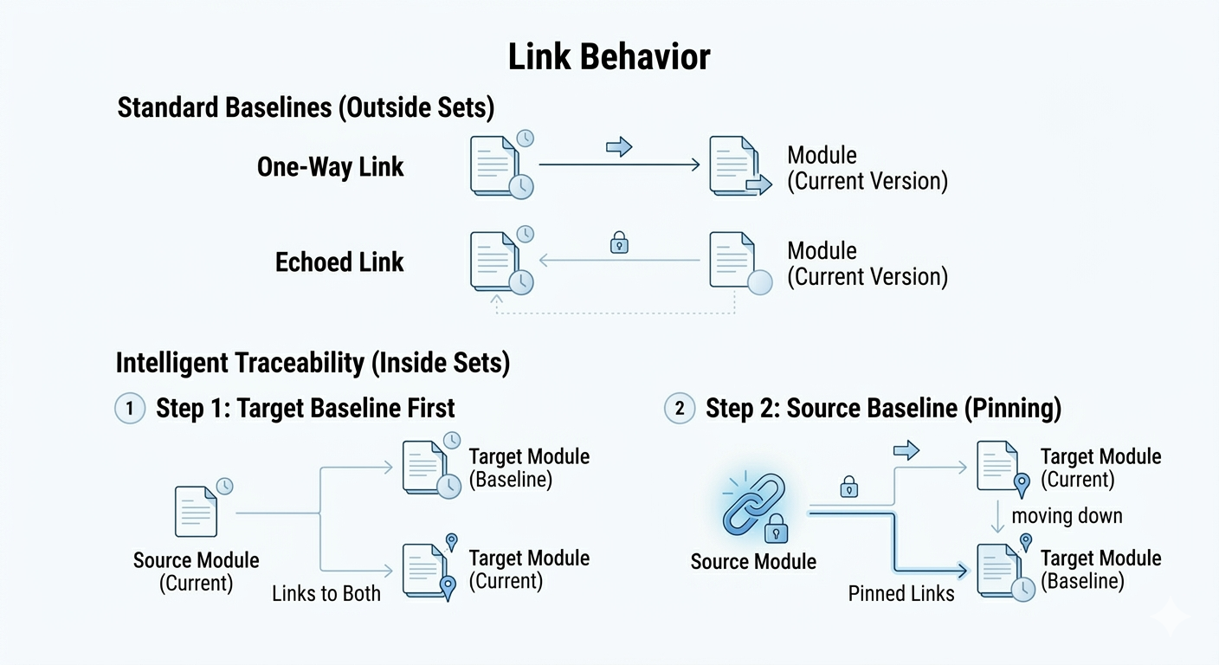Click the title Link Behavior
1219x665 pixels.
(609, 56)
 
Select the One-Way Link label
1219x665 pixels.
(331, 166)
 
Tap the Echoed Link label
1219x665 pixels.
(339, 262)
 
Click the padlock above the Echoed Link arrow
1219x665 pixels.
(619, 242)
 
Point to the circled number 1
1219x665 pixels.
(130, 408)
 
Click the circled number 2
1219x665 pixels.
(680, 408)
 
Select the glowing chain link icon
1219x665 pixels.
(755, 506)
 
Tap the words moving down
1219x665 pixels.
(1067, 515)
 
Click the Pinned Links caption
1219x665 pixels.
(901, 593)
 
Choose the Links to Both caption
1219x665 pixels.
(326, 593)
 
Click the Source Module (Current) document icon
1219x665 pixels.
(197, 511)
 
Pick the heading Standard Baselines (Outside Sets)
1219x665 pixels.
(306, 107)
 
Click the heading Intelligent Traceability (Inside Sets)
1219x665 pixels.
(313, 363)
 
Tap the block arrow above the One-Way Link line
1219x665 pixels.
(619, 146)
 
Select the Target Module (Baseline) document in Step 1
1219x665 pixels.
(430, 468)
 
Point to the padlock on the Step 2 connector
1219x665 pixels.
(849, 487)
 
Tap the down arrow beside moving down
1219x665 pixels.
(997, 516)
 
